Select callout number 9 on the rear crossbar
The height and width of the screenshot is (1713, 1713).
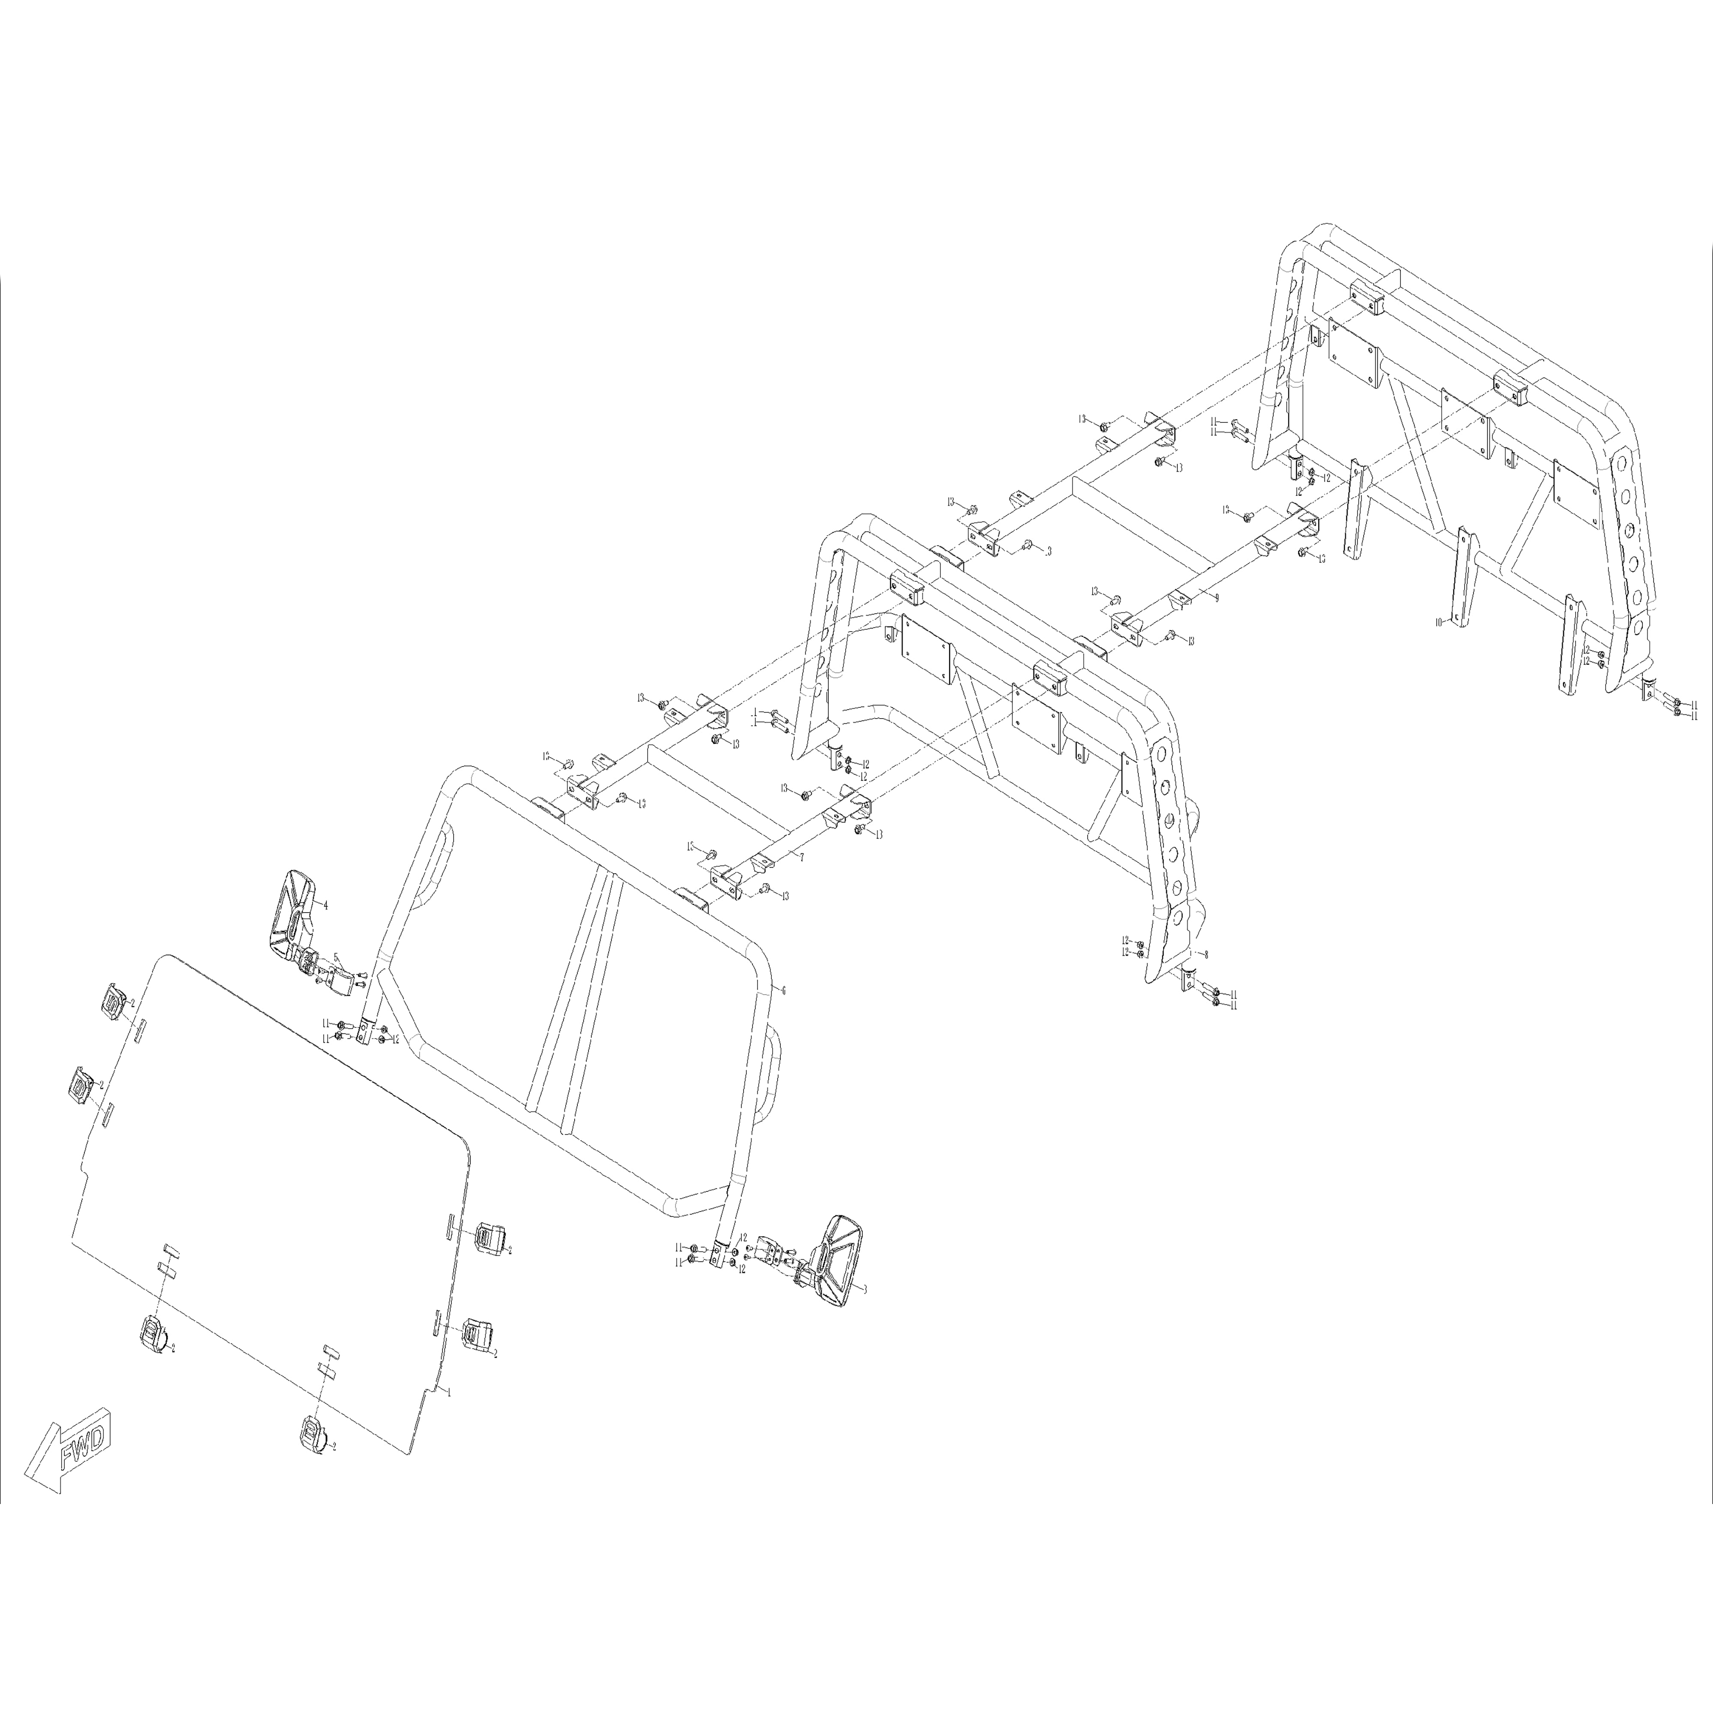tap(1217, 597)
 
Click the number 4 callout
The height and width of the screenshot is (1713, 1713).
tap(325, 905)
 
